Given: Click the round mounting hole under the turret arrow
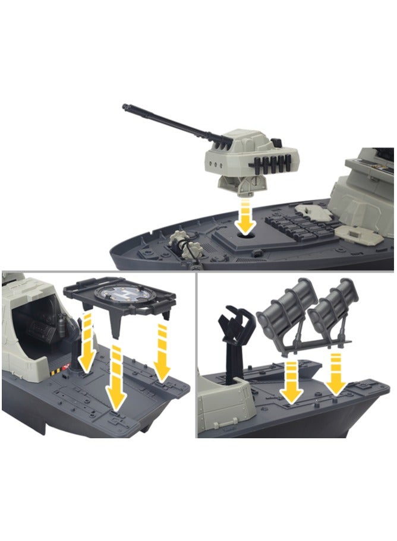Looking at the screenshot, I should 244,234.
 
